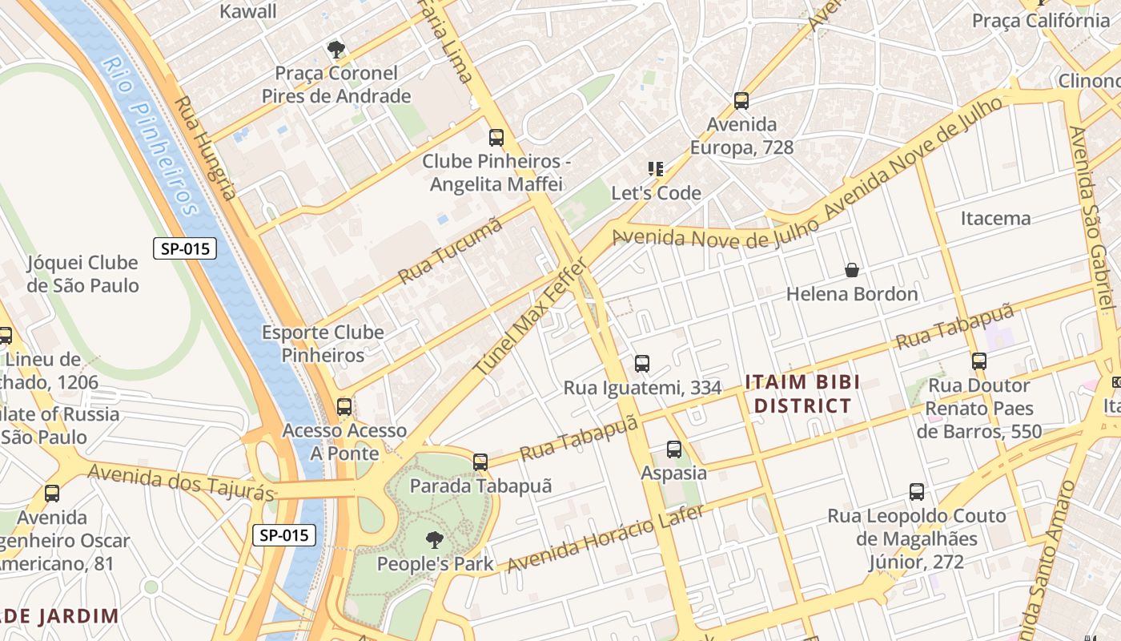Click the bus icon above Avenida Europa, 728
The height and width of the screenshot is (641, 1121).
741,101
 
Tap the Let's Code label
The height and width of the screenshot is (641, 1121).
656,193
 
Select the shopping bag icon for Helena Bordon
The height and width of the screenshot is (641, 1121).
852,271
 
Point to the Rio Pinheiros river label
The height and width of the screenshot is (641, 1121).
151,137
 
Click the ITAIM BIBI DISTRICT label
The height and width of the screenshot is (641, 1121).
802,393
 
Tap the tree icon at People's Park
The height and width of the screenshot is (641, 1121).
435,540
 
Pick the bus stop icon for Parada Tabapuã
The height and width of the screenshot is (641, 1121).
480,462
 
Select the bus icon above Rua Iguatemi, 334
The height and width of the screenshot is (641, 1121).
642,364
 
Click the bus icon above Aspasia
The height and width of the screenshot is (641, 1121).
674,450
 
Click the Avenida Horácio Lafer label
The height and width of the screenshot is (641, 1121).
605,538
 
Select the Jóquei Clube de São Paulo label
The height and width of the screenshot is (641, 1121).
82,274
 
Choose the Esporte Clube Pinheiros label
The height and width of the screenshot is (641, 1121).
323,344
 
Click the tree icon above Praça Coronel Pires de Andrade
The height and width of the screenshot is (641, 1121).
336,50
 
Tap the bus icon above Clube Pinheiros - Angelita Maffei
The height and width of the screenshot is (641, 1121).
496,138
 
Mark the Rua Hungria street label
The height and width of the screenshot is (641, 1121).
206,148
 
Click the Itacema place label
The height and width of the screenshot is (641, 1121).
995,218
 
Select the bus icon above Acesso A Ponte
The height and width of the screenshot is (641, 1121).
344,407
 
